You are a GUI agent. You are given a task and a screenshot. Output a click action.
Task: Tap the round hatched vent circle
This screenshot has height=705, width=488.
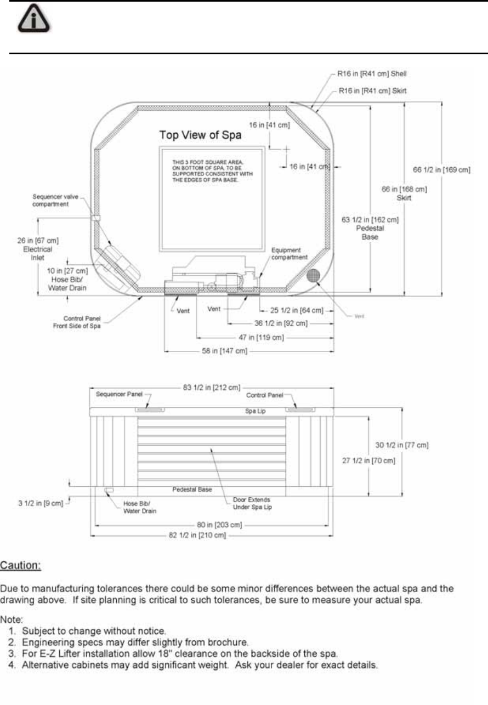tap(314, 276)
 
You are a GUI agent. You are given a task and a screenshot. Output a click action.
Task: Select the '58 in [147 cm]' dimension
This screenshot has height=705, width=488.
tap(223, 350)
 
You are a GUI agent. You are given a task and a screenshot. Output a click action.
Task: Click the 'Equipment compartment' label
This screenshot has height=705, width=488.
tap(290, 253)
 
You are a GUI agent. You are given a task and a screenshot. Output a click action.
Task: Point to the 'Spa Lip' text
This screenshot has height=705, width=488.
tap(256, 411)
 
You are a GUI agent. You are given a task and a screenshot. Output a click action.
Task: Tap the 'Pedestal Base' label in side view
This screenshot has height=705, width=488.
tap(192, 489)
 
